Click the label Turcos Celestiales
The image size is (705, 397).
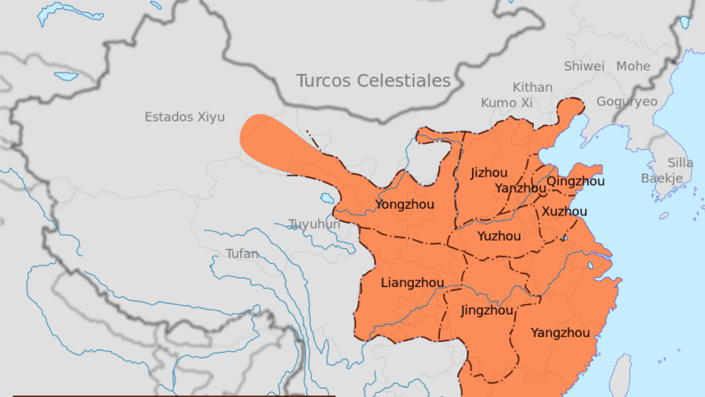point(373,81)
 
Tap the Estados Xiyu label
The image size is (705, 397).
point(185,117)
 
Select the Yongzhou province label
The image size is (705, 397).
point(406,204)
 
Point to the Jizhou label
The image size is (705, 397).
point(489,173)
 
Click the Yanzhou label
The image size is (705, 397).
point(520,188)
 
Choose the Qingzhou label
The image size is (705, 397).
point(575,181)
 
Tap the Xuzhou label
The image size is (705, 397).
point(564,211)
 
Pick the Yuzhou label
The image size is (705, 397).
point(499,236)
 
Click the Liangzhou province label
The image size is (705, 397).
point(412,283)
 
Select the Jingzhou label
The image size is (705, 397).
point(486,311)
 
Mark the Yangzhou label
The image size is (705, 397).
point(560,333)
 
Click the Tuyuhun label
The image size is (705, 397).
point(314,224)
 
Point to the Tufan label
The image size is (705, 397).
point(242,254)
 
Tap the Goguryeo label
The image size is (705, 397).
point(627,102)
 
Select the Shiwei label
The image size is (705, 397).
point(584,66)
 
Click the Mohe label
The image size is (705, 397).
point(634,66)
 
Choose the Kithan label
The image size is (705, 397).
point(532,87)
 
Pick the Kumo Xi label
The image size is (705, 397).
point(506,102)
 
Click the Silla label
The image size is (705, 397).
point(681,163)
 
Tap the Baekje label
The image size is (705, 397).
point(662,178)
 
